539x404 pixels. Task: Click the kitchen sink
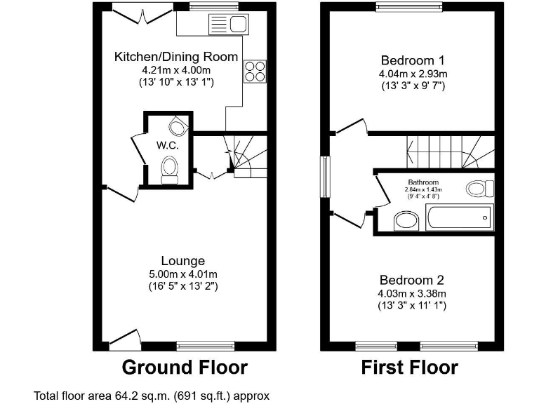pos(227,26)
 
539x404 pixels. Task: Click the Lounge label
pos(182,261)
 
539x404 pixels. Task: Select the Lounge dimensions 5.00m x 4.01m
pos(182,274)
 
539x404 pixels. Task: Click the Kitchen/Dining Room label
pos(176,56)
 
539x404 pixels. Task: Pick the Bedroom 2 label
pos(413,278)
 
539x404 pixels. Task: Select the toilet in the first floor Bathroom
pos(481,188)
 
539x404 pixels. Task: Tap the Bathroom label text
pos(424,182)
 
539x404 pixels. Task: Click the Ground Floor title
pos(185,367)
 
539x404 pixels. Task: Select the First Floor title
pos(409,367)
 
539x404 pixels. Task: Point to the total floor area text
pos(152,396)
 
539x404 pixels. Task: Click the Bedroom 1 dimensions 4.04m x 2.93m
pos(413,73)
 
